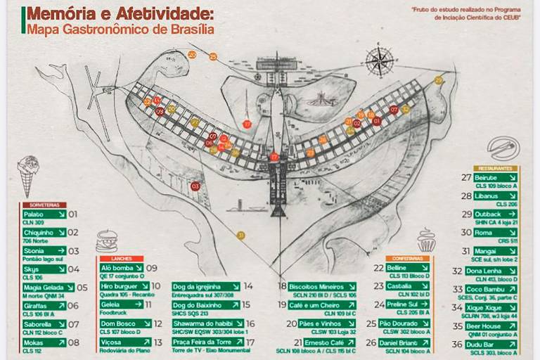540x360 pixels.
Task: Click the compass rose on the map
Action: pos(380,62)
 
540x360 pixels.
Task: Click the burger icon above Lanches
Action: pos(106,239)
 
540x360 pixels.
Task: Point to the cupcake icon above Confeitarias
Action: pos(426,240)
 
